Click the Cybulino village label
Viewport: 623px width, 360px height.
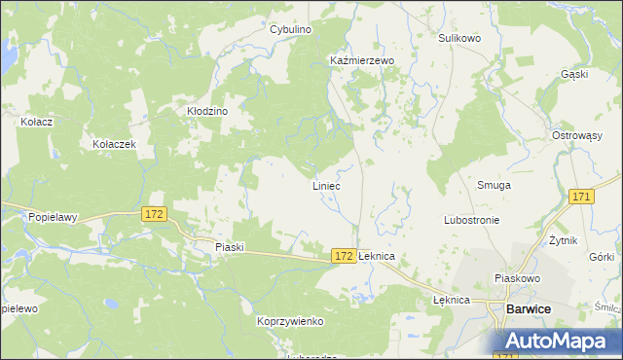(290, 30)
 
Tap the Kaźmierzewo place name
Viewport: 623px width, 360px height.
(361, 60)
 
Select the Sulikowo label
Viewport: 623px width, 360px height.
(459, 38)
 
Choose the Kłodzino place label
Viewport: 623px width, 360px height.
(207, 112)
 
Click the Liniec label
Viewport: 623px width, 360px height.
(326, 185)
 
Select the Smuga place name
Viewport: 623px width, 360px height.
(495, 185)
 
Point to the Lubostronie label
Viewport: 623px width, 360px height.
(472, 220)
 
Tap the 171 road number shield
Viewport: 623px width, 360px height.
(581, 198)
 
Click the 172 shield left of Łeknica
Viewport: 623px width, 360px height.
(342, 255)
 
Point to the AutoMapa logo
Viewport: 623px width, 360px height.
(556, 341)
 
